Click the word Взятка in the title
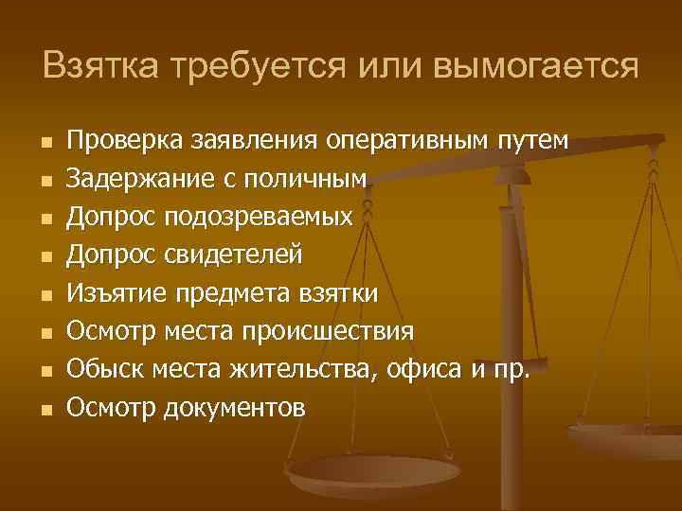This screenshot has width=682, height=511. [x=99, y=65]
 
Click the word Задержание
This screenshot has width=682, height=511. [x=129, y=179]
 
